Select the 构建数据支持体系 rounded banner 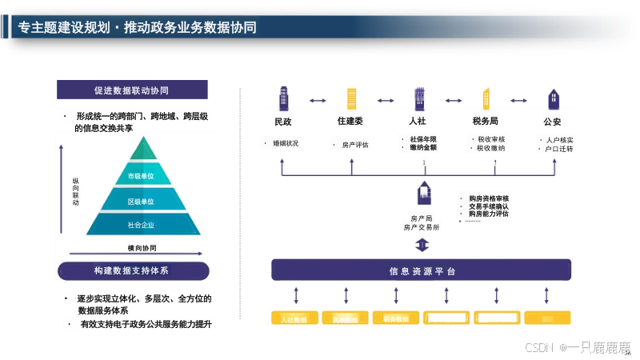tap(134, 271)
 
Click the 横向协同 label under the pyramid tap(142, 248)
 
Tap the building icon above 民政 tap(283, 99)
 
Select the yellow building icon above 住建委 tap(350, 99)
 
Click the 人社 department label tap(417, 122)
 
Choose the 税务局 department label tap(486, 122)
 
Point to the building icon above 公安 tap(553, 99)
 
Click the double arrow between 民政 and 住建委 tap(318, 101)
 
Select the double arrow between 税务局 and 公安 tap(520, 101)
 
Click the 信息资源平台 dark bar tap(422, 271)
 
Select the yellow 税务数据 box tap(396, 319)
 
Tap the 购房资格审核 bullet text tap(489, 198)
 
